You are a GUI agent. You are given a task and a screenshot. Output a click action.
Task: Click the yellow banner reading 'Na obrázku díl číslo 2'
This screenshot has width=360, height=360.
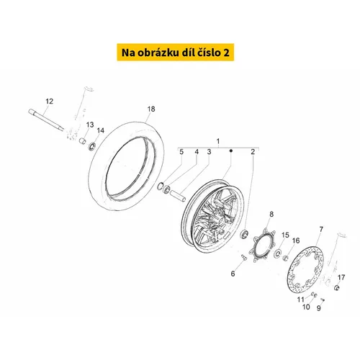tap(176, 53)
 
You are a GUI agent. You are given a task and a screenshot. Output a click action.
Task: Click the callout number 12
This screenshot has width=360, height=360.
tap(50, 102)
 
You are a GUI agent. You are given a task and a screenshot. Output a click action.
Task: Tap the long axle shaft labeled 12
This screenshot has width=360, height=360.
tap(46, 120)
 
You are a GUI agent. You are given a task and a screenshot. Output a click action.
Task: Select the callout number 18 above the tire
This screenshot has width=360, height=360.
tap(151, 109)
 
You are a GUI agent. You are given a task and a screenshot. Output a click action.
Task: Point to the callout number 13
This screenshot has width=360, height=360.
tap(90, 125)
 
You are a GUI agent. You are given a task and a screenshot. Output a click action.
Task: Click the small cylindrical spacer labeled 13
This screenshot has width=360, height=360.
tap(83, 140)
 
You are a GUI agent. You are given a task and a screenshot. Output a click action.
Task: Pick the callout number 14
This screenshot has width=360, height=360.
tap(101, 130)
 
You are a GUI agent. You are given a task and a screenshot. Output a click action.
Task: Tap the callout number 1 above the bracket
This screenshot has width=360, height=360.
tap(218, 141)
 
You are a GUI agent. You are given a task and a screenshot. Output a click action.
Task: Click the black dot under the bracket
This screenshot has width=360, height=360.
tap(231, 150)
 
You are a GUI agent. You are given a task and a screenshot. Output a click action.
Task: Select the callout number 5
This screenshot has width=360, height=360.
tap(181, 152)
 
